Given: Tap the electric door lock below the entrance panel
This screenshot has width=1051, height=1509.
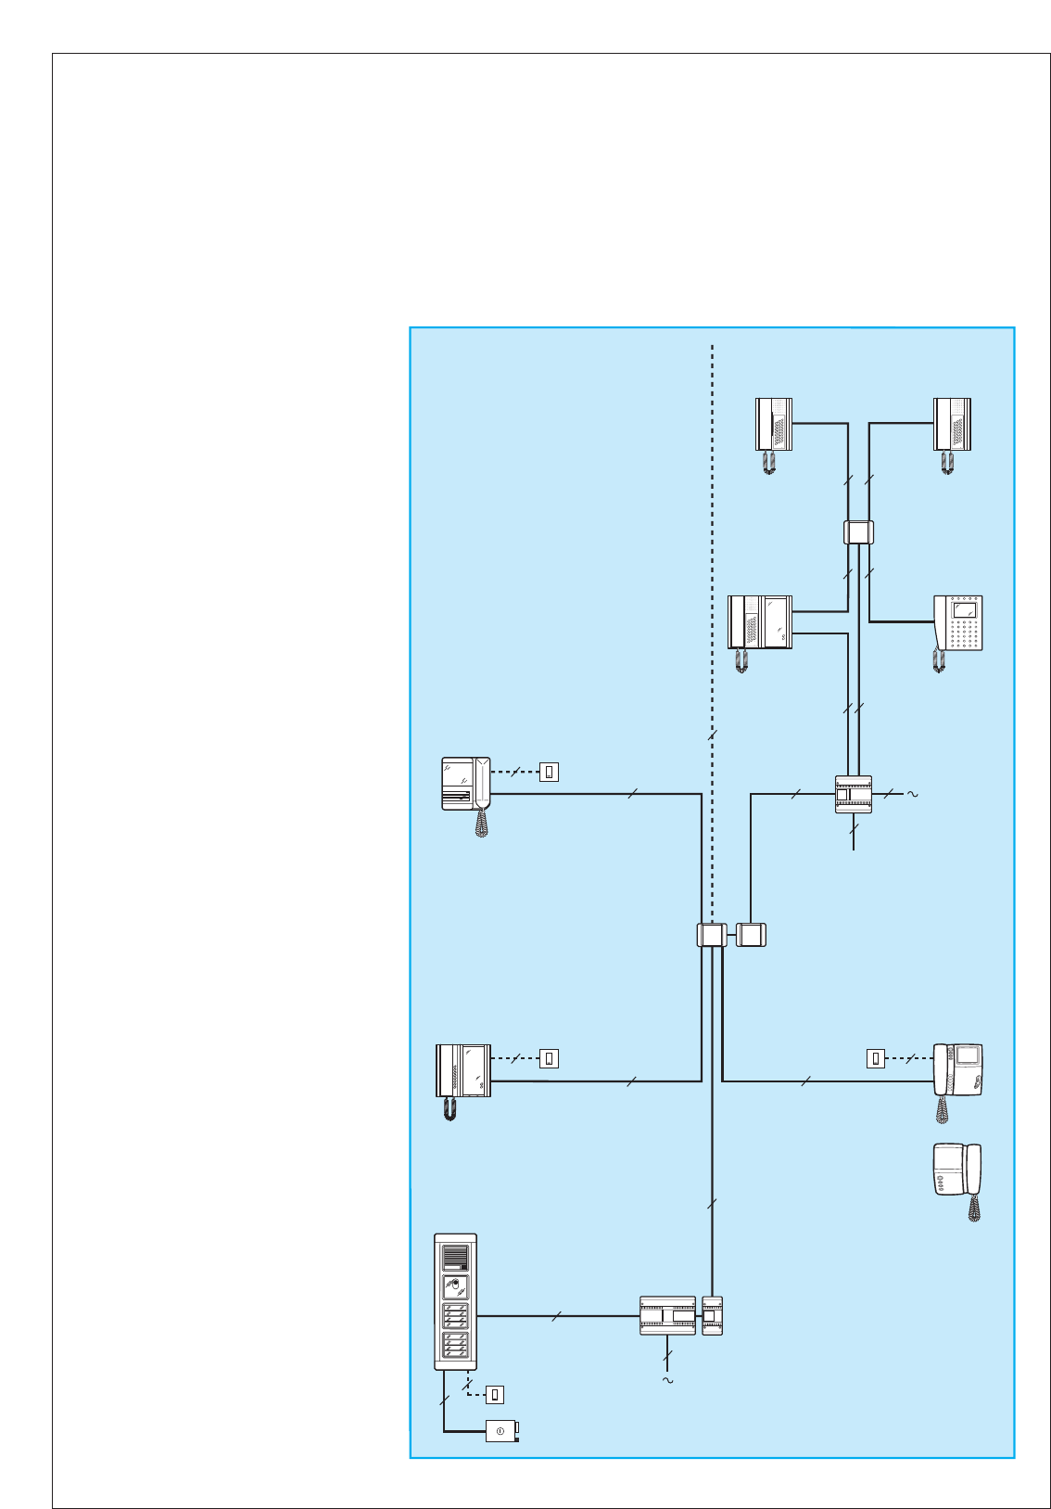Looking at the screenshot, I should tap(501, 1431).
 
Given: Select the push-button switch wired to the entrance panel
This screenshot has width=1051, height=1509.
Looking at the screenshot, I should tap(495, 1394).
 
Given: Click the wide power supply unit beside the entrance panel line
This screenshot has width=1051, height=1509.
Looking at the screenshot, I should tap(667, 1316).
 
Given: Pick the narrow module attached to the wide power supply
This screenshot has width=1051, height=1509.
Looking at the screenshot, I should tap(712, 1316).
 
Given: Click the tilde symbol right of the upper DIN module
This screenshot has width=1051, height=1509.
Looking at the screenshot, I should tap(912, 794).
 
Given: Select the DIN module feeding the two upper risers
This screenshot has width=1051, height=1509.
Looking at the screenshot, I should tap(854, 795).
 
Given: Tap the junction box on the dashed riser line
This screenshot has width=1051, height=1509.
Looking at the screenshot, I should tap(711, 935).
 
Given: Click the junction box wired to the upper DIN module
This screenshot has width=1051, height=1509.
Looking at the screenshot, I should tap(751, 935).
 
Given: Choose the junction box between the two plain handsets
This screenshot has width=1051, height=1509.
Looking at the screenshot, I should tap(859, 532).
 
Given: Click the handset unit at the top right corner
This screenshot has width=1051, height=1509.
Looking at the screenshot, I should tap(952, 425).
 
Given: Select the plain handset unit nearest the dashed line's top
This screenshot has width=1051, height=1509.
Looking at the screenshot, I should tap(774, 425).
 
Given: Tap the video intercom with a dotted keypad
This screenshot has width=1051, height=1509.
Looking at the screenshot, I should tap(958, 623).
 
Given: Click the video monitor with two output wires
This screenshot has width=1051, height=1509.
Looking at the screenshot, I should tap(760, 622).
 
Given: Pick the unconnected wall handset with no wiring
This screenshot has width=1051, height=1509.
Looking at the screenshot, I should tap(957, 1171).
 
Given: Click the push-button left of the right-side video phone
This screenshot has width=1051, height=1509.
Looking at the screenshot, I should tap(876, 1058).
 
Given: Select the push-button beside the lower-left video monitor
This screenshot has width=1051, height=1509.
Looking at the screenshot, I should tap(549, 1058).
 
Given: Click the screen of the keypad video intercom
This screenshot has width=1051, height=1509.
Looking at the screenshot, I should tap(965, 610).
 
